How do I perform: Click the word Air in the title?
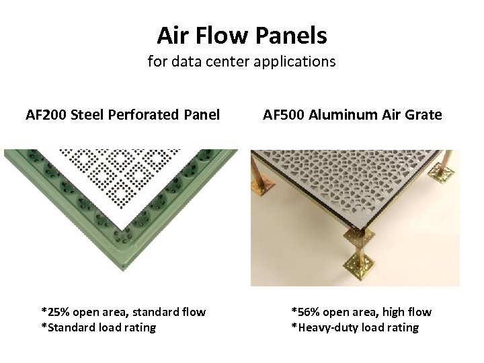[171, 35]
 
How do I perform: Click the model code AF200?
[45, 115]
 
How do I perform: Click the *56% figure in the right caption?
[305, 312]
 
